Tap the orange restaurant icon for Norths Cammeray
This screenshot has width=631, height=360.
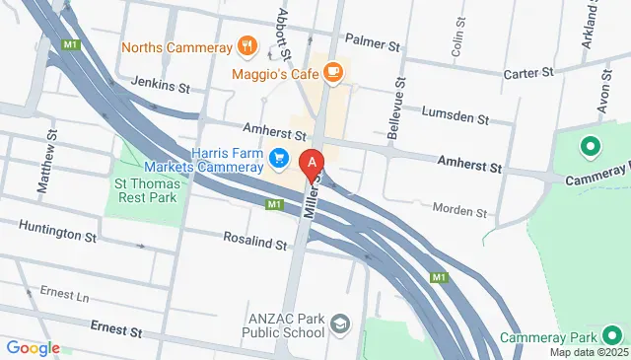click(x=246, y=46)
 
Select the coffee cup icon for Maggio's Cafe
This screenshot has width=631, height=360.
click(x=333, y=71)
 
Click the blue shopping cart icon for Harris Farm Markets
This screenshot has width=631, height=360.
click(x=280, y=157)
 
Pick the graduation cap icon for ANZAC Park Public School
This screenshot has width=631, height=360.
click(x=340, y=324)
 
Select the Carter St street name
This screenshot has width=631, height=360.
click(x=530, y=72)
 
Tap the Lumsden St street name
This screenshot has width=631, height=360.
click(x=455, y=115)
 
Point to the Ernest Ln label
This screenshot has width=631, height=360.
click(x=64, y=295)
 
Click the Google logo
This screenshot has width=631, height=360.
click(x=33, y=347)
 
